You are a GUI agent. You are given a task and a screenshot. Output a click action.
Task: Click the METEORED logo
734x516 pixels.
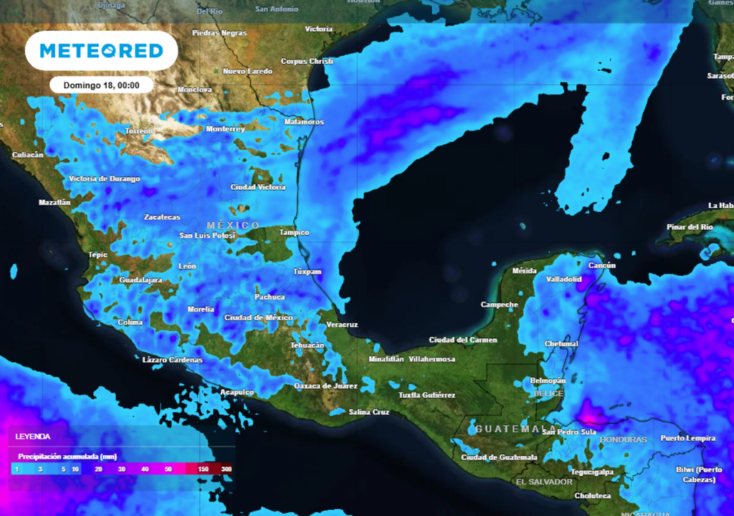(x=101, y=51)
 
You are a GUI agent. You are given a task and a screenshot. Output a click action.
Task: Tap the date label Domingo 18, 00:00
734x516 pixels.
(x=101, y=85)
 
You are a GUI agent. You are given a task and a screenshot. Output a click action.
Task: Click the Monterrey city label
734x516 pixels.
(x=225, y=129)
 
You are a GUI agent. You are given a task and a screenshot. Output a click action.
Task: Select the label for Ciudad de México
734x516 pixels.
(x=258, y=317)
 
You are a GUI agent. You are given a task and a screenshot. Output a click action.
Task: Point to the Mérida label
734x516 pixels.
(x=525, y=271)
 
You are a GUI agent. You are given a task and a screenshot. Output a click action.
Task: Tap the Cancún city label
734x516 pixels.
(x=602, y=266)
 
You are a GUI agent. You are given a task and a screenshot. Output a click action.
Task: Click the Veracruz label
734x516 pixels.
(x=342, y=325)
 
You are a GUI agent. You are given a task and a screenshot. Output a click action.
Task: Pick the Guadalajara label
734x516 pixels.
(x=140, y=279)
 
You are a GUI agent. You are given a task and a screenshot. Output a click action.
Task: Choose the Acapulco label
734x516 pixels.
(x=237, y=392)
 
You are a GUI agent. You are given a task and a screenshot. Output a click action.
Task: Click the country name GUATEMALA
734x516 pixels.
(x=506, y=429)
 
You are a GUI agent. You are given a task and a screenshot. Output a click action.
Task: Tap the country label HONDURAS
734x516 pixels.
(x=623, y=439)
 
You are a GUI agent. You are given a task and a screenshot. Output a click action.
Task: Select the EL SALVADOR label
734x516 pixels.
(x=545, y=482)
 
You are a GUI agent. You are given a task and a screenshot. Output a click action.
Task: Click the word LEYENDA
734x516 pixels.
(x=33, y=436)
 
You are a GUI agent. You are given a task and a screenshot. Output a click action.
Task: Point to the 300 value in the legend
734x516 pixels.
(x=227, y=469)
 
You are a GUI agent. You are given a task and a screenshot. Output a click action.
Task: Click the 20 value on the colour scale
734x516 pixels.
(x=98, y=469)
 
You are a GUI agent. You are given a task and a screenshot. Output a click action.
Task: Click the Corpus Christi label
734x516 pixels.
(x=307, y=62)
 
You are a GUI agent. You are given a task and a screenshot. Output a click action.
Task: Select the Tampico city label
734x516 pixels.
(x=294, y=233)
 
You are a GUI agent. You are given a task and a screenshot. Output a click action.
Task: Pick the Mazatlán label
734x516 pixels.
(x=54, y=203)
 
